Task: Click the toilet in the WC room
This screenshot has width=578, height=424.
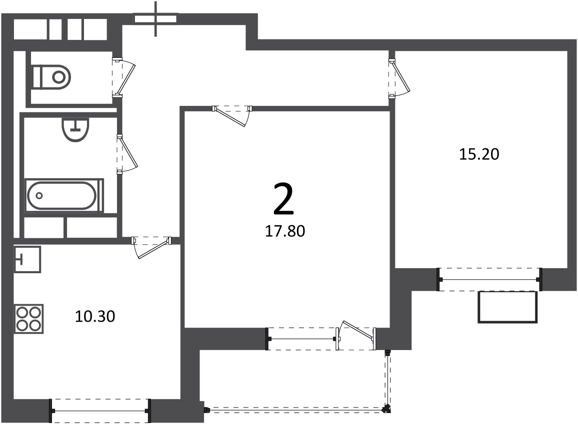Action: [x=51, y=77]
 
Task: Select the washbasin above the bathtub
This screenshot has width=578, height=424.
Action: [x=76, y=129]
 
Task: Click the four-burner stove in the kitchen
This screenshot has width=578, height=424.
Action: [x=29, y=319]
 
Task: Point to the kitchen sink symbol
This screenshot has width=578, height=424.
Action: [x=27, y=260]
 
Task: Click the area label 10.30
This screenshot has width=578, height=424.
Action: [x=95, y=316]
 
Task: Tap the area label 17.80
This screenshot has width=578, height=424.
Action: [x=285, y=231]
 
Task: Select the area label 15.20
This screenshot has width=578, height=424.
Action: [x=479, y=154]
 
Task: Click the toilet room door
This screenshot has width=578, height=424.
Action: [x=124, y=77]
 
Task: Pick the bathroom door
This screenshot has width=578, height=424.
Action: [x=126, y=154]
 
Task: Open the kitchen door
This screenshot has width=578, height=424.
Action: [x=152, y=247]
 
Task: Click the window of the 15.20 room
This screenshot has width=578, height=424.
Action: [x=489, y=280]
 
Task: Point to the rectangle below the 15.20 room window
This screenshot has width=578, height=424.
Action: [x=507, y=307]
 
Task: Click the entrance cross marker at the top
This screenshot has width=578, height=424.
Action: [x=155, y=19]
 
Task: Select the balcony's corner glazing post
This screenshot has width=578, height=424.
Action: [x=386, y=409]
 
